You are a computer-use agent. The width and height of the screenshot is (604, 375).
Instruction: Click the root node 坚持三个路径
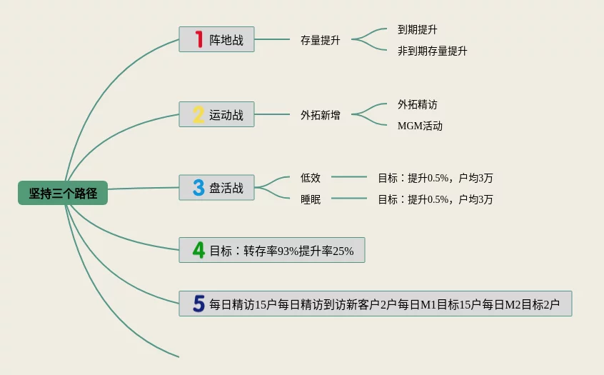[x=63, y=193]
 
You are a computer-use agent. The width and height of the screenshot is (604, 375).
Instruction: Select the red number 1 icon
[x=199, y=39]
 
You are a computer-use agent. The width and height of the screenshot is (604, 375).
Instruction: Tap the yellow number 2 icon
[x=198, y=114]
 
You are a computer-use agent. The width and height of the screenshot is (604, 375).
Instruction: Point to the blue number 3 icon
[x=198, y=188]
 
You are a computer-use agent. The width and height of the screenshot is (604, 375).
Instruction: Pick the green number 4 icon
[x=198, y=250]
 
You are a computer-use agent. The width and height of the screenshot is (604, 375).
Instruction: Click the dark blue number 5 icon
[x=198, y=304]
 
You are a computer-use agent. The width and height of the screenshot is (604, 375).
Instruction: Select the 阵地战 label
[x=226, y=40]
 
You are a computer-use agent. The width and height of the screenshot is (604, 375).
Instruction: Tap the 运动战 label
[x=226, y=115]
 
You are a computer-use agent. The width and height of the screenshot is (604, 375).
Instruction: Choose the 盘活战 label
[x=226, y=189]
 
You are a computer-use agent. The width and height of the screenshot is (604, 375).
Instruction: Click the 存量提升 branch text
[x=321, y=41]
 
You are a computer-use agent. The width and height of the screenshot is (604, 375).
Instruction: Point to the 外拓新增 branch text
[x=321, y=115]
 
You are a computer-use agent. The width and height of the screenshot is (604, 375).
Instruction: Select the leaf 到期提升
[x=418, y=30]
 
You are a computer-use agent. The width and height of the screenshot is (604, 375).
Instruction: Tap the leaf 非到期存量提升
[x=433, y=51]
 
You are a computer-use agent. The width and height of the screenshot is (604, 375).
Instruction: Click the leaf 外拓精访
[x=418, y=104]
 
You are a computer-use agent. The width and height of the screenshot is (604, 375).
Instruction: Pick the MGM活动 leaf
[x=420, y=126]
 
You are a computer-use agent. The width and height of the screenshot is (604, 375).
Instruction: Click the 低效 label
[x=311, y=178]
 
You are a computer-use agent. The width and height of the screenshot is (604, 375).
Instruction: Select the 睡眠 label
[x=311, y=199]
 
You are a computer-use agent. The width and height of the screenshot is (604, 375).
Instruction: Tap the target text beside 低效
[x=435, y=178]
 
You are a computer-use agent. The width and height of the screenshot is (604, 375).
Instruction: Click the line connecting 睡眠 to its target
[x=349, y=199]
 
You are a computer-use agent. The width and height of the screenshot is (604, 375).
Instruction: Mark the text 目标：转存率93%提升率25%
[x=281, y=251]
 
